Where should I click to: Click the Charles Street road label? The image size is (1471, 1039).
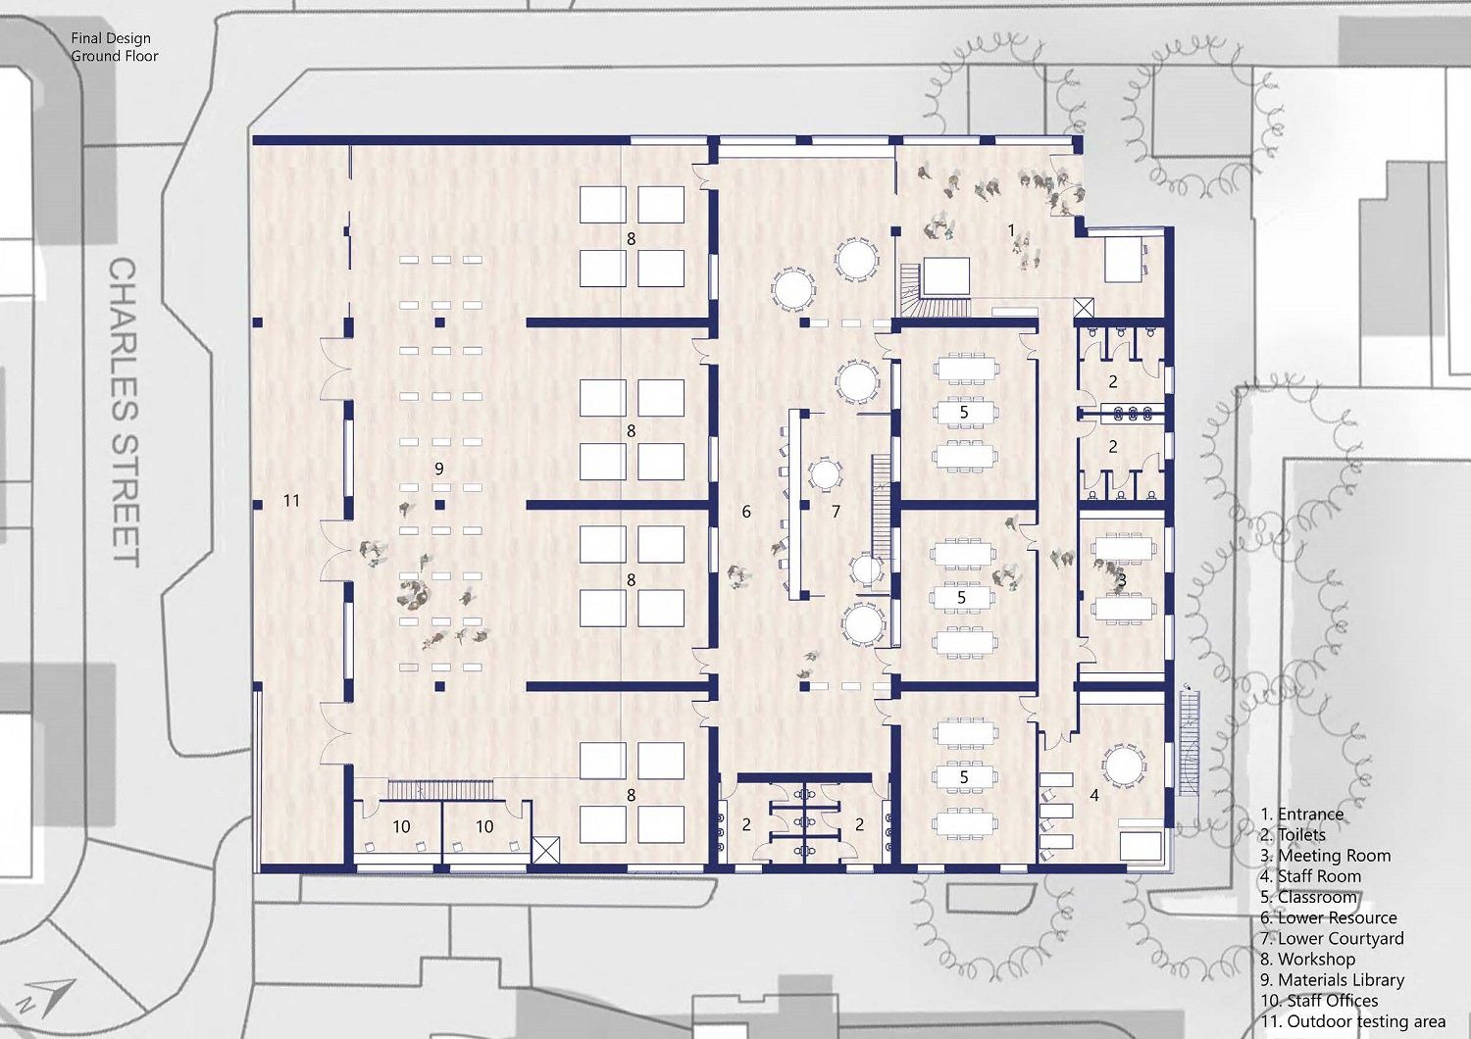(124, 413)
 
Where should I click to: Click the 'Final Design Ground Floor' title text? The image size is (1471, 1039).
(115, 47)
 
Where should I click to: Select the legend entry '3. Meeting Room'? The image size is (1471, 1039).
(1325, 856)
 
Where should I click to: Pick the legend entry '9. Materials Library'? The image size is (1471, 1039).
(1332, 980)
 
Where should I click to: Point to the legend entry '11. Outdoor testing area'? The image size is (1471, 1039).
(1352, 1021)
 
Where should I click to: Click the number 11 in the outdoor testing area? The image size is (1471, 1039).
(291, 501)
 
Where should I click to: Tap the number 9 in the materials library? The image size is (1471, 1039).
(439, 469)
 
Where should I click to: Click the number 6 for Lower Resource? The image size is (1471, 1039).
(746, 512)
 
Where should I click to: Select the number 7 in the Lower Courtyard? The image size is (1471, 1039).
(836, 512)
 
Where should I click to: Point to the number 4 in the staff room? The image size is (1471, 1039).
(1094, 796)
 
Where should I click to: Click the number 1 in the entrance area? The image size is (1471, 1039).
(1011, 230)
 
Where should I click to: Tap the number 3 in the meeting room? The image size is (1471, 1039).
(1122, 580)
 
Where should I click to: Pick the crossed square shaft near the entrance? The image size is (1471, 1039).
(1085, 308)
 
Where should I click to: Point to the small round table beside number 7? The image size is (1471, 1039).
(825, 473)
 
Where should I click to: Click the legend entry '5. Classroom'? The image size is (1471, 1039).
(1308, 897)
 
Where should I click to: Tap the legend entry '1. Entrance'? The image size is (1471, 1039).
(1301, 814)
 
